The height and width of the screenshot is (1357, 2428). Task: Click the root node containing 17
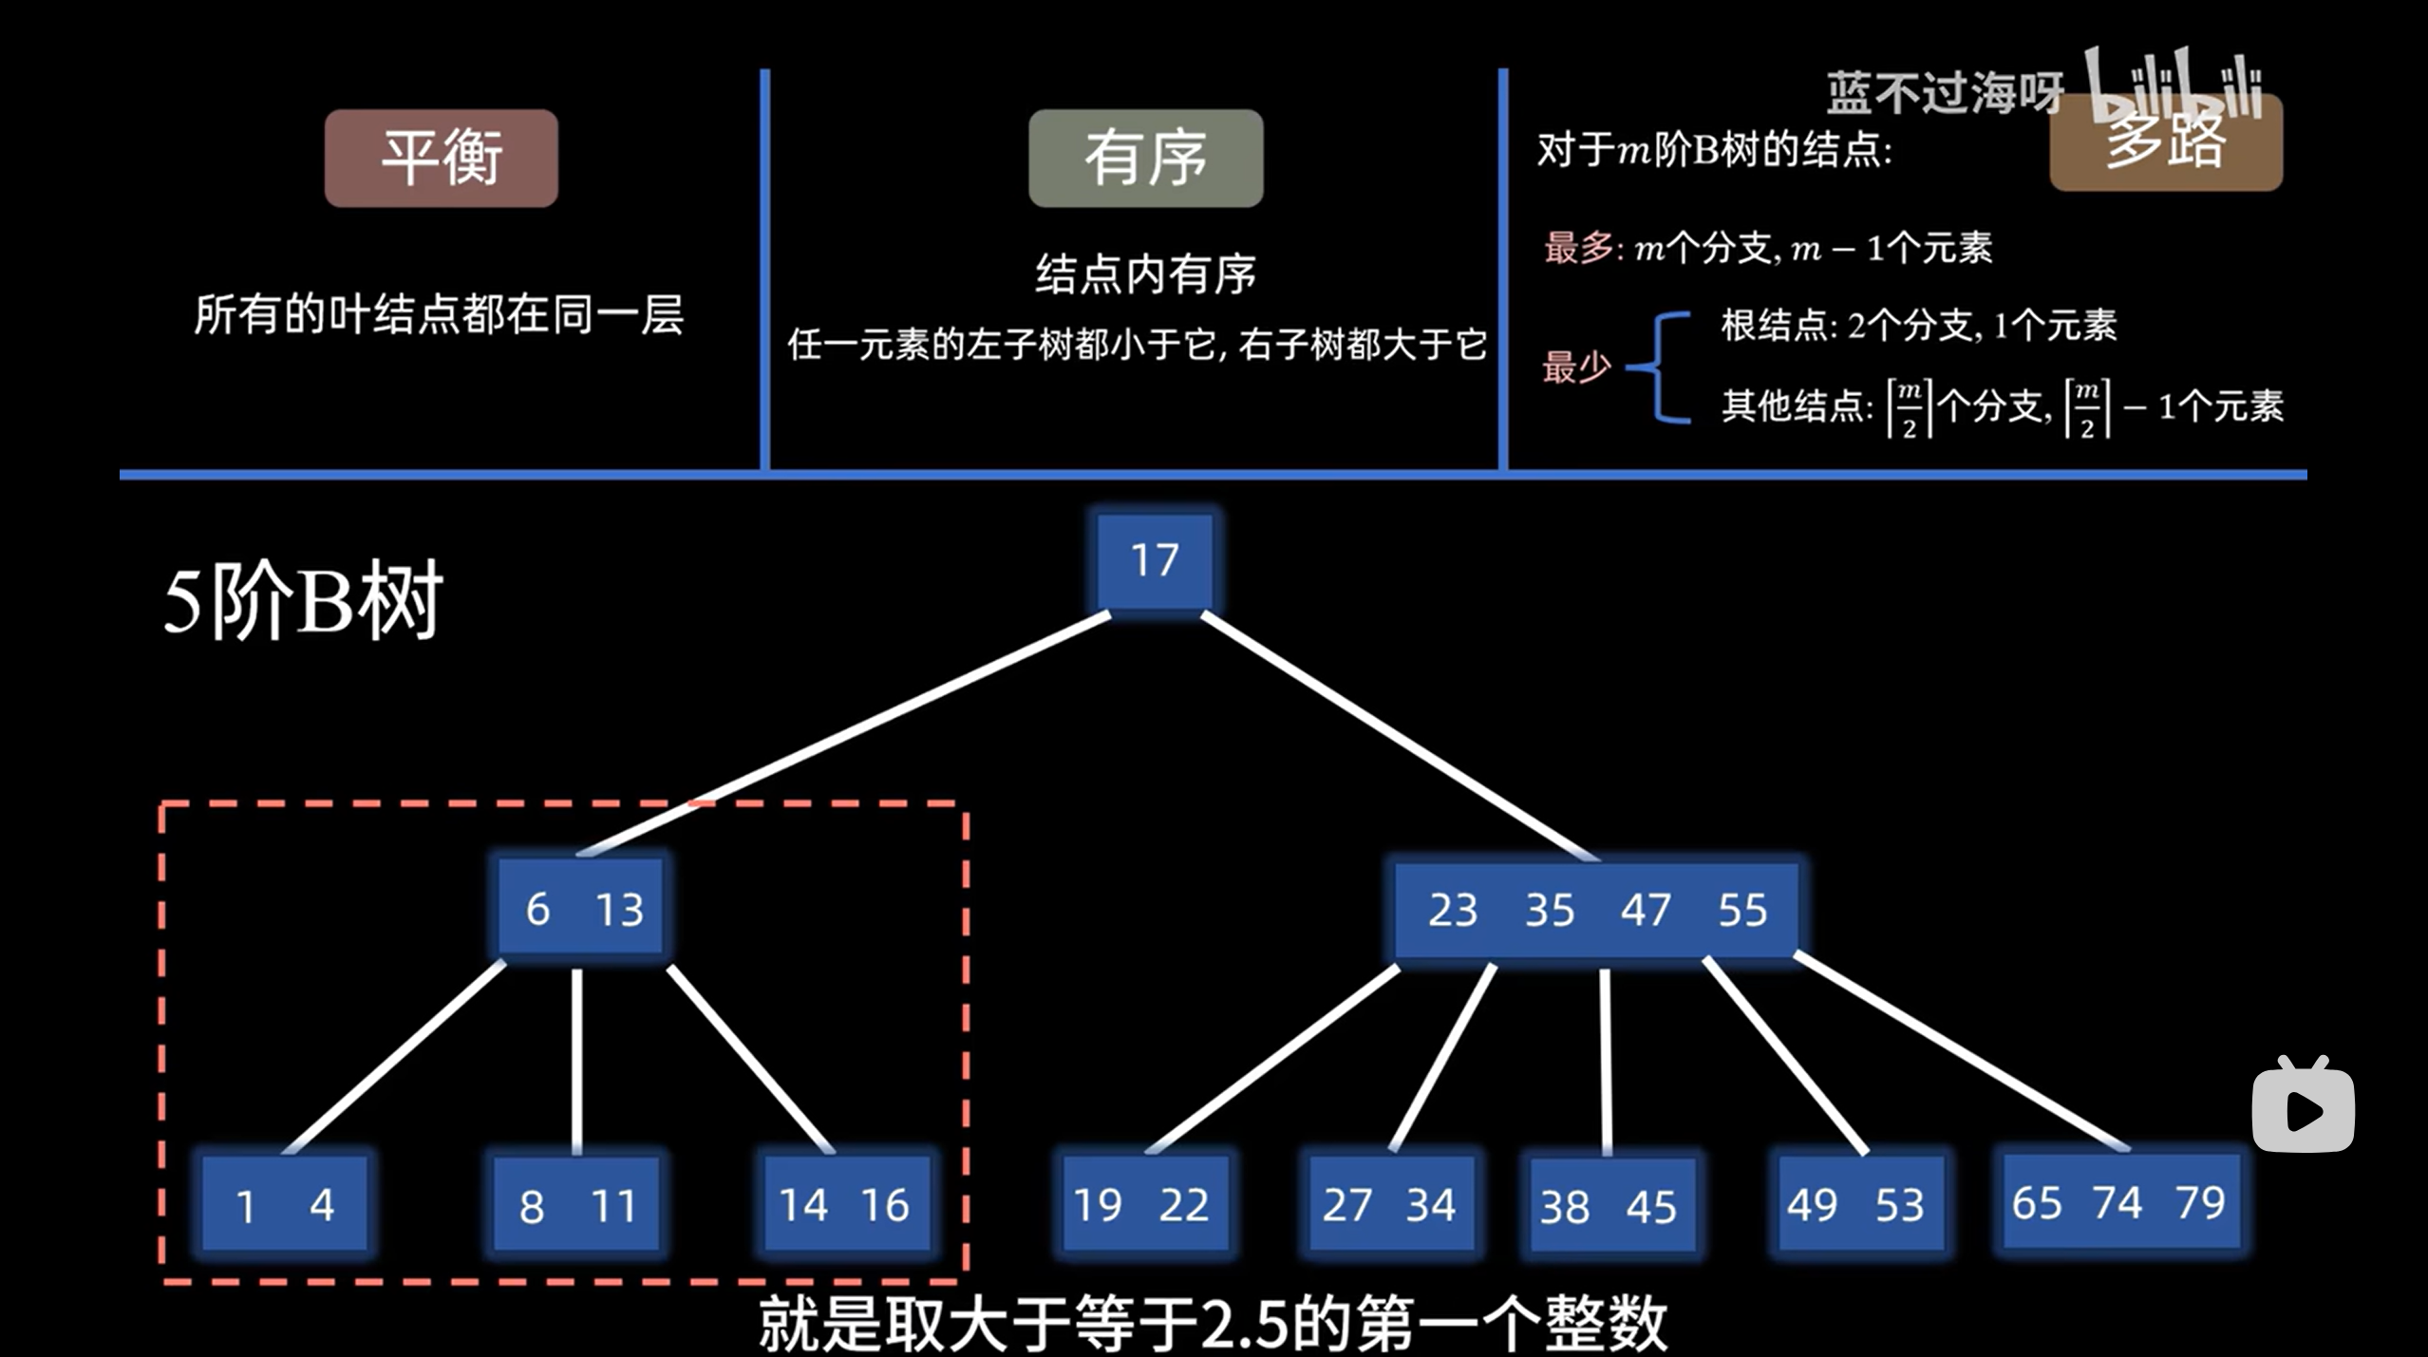tap(1154, 560)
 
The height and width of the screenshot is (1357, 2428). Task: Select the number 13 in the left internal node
tap(619, 909)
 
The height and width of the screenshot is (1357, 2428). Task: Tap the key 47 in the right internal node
tap(1645, 910)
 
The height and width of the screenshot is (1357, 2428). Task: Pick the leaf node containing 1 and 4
tap(284, 1205)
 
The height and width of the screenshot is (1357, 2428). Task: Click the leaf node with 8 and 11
tap(576, 1205)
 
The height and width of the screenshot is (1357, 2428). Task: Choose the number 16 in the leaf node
tap(885, 1205)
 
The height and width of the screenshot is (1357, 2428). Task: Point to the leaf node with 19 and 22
tap(1141, 1205)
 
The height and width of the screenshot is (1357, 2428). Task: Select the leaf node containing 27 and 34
tap(1389, 1205)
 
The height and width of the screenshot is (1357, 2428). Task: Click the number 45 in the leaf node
tap(1651, 1207)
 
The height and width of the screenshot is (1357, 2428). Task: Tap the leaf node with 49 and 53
tap(1854, 1205)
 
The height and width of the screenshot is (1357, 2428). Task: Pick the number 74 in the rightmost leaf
tap(2117, 1203)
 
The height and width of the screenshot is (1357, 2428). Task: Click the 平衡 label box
tap(442, 158)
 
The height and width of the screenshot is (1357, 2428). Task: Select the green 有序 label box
tap(1145, 158)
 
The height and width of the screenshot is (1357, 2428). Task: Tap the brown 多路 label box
tap(2166, 142)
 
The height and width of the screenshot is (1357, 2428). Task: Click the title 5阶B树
tap(303, 600)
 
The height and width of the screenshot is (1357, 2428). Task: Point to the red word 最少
tap(1576, 367)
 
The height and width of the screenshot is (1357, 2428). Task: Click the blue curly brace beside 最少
tap(1662, 367)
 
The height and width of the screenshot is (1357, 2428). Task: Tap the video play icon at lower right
tap(2303, 1107)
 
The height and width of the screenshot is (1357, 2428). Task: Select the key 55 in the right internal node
tap(1742, 910)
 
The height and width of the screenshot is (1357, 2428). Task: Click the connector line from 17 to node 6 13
tap(845, 733)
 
